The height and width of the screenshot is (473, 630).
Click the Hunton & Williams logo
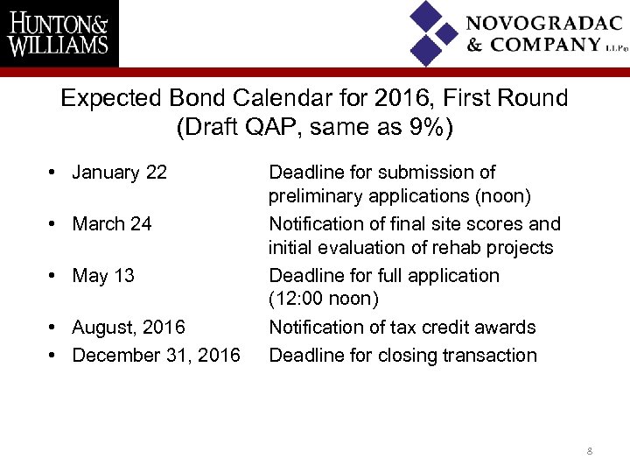[59, 33]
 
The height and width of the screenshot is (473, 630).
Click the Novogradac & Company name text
[544, 33]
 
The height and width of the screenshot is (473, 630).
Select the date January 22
[119, 173]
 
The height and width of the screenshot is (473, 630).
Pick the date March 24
[112, 224]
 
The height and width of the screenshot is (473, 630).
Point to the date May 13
[103, 276]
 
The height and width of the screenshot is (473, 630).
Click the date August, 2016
[129, 328]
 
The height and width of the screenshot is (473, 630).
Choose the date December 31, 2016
[156, 356]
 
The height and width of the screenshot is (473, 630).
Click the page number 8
[590, 451]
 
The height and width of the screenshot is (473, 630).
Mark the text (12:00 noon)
[324, 300]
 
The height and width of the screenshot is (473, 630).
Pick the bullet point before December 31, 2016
[54, 356]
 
